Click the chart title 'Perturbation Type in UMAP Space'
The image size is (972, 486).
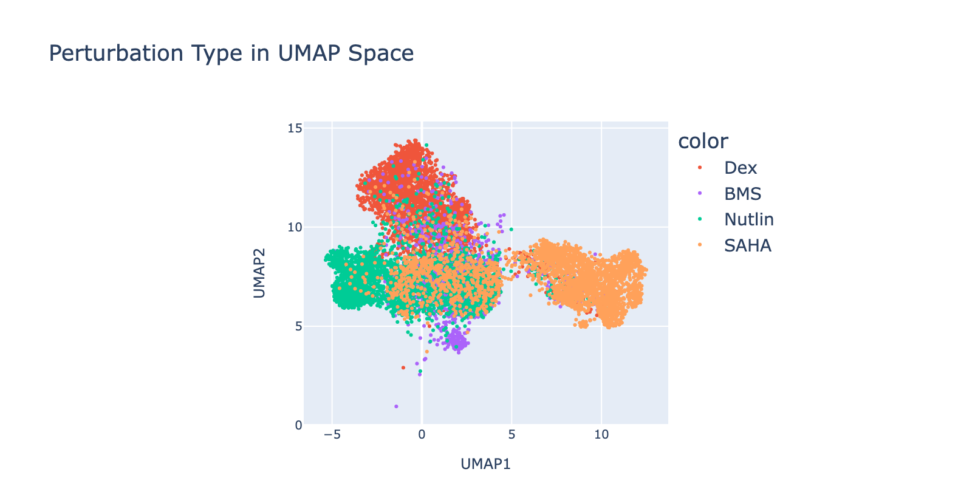pos(231,53)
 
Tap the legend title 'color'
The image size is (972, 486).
pos(703,141)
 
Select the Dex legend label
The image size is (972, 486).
pos(741,168)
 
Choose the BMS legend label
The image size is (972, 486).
pos(742,194)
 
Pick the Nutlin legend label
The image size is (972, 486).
pos(749,219)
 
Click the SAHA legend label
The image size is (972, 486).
pos(747,245)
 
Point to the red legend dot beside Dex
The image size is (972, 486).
pos(700,168)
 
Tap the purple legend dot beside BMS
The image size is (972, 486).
pos(700,194)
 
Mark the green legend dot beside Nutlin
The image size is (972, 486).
pos(700,220)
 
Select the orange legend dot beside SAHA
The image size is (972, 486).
pos(700,245)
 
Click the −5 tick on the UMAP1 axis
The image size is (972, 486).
pos(332,436)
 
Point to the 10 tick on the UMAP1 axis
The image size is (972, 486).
pos(601,436)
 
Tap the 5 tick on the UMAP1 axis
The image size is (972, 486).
pos(512,436)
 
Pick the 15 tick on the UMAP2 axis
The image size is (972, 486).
pos(295,128)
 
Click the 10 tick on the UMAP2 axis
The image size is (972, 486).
pos(295,227)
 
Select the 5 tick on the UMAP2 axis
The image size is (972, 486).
pos(297,326)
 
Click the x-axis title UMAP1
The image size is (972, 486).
pos(485,464)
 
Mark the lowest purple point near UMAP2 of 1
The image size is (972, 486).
pos(396,406)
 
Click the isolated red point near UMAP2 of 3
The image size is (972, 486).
pos(403,368)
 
